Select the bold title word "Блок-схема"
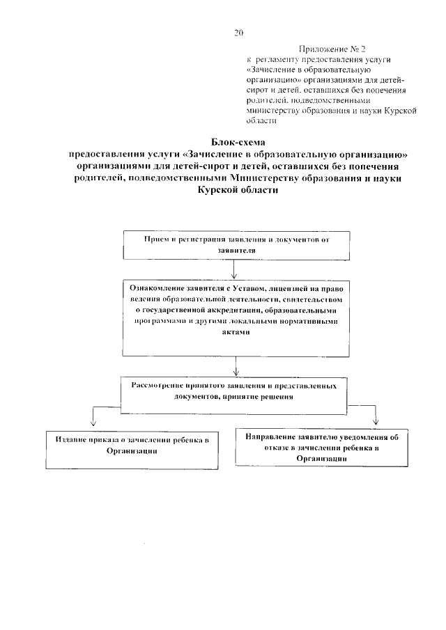click(x=239, y=142)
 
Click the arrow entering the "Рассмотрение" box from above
click(x=238, y=367)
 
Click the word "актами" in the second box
click(x=238, y=333)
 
